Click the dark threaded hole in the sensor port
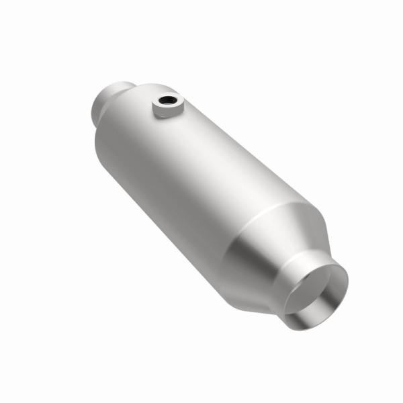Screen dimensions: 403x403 click(165, 103)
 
